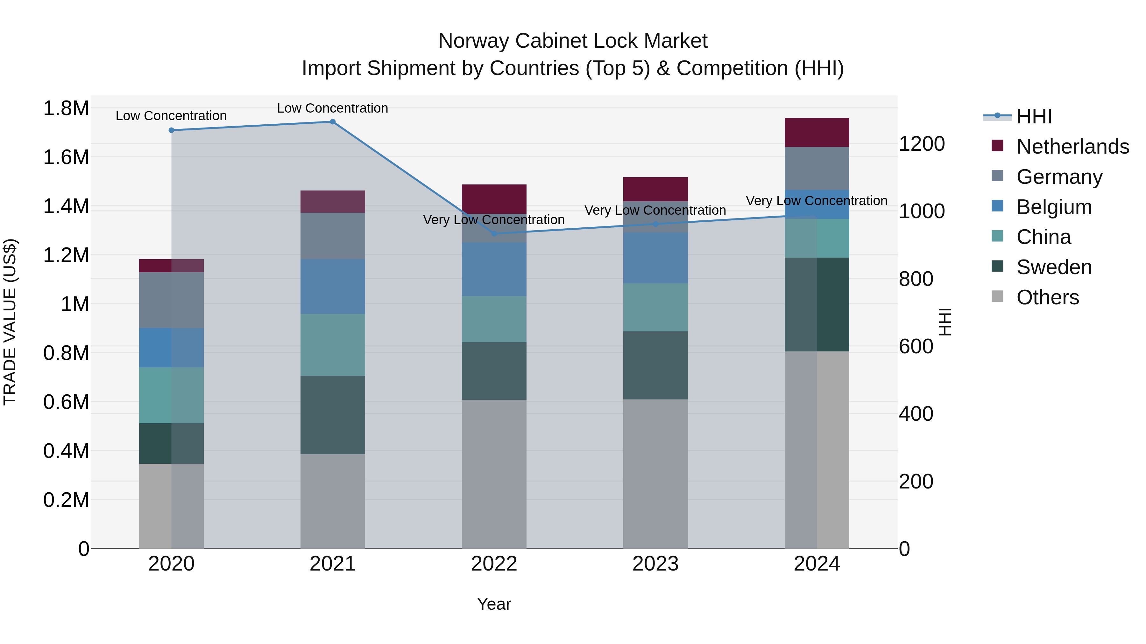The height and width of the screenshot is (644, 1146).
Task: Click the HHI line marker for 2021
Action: pos(332,122)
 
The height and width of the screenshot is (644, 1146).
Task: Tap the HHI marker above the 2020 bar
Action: pos(171,130)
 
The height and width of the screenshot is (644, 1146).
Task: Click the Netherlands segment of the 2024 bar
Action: pos(817,132)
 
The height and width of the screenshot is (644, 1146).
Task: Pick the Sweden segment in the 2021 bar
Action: pos(332,415)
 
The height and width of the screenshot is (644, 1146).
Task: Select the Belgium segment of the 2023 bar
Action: pos(655,258)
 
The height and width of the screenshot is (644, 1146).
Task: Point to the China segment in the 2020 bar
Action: pos(171,395)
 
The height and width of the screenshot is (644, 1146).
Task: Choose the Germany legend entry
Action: pos(1059,177)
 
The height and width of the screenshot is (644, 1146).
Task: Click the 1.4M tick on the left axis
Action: pos(66,206)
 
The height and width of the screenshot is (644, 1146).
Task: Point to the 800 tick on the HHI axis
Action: pos(916,279)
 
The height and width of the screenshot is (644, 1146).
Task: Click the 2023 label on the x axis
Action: pos(655,564)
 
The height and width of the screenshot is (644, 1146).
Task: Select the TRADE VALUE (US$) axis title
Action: pos(10,322)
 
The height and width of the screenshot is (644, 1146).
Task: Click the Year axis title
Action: pos(494,604)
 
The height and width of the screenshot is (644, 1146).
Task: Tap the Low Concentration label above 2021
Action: pos(332,108)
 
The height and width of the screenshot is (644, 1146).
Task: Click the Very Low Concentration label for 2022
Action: pos(494,219)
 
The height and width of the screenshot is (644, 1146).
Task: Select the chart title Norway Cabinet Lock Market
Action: pos(573,41)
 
